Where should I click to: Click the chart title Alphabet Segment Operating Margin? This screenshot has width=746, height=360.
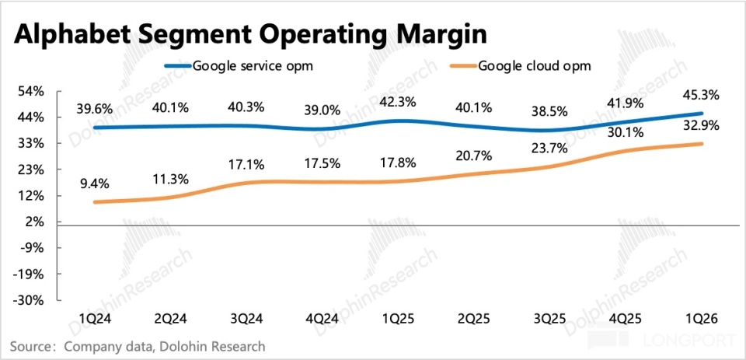[251, 35]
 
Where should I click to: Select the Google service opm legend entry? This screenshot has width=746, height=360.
[239, 66]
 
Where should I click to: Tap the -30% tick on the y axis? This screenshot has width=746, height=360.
[31, 300]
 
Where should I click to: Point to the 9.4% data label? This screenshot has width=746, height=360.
[95, 183]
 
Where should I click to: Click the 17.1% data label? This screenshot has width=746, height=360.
[246, 165]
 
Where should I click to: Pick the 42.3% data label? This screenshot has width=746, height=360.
[399, 102]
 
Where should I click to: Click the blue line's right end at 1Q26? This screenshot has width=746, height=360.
[702, 114]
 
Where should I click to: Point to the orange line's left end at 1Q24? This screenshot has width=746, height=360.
[94, 202]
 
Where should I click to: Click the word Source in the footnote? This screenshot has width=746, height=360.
[26, 346]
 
